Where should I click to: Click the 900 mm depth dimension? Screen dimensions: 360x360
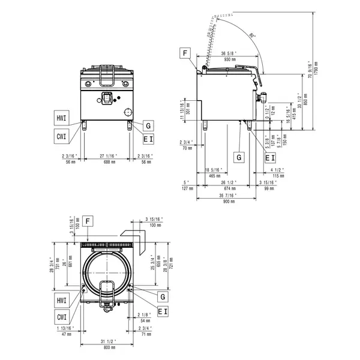[x=228, y=202]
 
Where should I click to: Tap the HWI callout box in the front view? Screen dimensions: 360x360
[x=62, y=117]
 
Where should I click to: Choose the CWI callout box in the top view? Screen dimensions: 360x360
[x=62, y=317]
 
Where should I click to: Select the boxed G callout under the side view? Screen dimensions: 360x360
[x=239, y=157]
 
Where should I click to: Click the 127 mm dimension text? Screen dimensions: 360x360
[x=186, y=188]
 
